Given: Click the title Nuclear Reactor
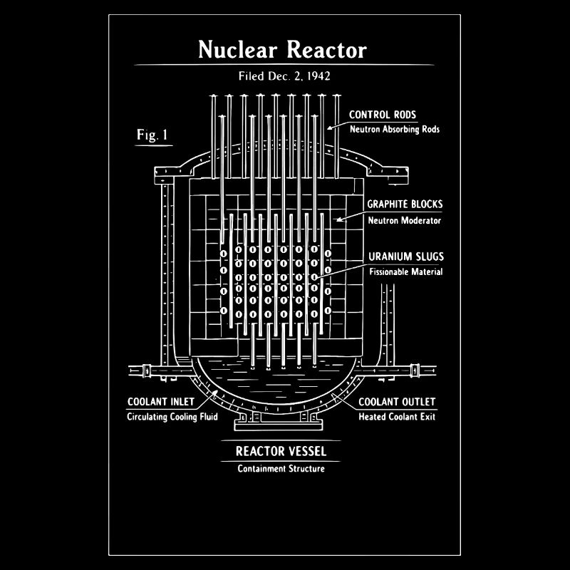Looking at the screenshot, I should click(x=282, y=50).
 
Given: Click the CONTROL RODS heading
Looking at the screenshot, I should click(x=383, y=115).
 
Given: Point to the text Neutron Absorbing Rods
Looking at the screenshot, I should click(x=394, y=130).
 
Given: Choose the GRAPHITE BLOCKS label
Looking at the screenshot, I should click(x=404, y=204).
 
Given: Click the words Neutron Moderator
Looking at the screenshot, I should click(x=404, y=220).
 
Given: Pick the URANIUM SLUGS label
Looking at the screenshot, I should click(x=405, y=256).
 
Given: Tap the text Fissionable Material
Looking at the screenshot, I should click(x=405, y=271).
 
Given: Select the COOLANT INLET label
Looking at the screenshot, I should click(x=160, y=402).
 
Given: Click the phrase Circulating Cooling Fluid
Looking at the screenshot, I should click(x=172, y=417).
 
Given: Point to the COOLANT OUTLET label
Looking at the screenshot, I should click(x=396, y=402).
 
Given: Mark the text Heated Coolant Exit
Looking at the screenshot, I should click(x=396, y=417).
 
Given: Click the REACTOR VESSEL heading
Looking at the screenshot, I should click(x=281, y=451).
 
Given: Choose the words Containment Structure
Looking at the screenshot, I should click(x=281, y=468).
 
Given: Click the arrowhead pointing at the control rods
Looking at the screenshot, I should click(x=328, y=128).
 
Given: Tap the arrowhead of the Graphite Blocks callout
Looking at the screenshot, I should click(x=338, y=219).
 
